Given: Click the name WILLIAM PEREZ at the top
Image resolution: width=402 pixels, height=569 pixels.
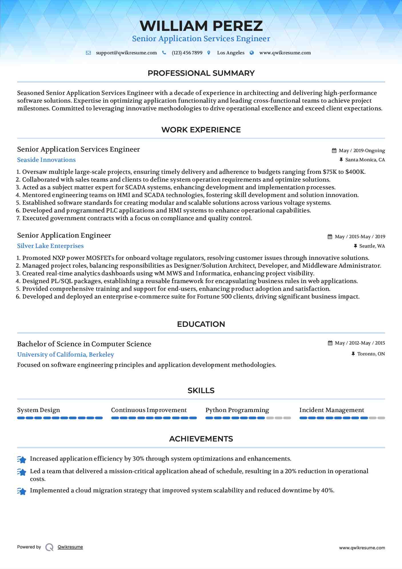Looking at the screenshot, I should pos(201,26).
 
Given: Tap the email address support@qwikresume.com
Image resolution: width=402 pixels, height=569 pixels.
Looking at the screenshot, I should pos(126,53).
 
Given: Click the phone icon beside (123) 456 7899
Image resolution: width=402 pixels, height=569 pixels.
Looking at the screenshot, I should pos(164,53).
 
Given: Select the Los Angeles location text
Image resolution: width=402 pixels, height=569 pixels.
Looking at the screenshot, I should pos(231,53).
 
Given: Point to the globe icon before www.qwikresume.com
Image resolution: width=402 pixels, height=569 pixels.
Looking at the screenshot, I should pos(252,53).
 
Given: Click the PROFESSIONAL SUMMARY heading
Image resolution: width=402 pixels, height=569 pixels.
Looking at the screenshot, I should pos(201,73).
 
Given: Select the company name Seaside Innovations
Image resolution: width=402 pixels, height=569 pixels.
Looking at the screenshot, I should pos(46,160).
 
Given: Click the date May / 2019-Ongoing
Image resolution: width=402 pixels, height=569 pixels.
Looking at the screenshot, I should pos(362,151).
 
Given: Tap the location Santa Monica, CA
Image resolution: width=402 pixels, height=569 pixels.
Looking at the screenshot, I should pos(365,160).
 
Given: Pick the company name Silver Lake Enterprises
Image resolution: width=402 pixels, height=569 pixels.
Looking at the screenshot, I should pos(50,246).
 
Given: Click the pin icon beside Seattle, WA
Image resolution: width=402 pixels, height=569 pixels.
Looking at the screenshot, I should pos(355,246).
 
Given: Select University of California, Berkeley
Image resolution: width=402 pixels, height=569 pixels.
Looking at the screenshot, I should pos(65,355).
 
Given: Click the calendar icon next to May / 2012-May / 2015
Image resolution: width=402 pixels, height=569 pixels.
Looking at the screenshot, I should pos(330,343).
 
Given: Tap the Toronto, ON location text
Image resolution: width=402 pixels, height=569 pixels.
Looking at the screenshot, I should pos(371,354).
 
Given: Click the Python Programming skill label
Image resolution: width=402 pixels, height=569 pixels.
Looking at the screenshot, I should pos(237,410).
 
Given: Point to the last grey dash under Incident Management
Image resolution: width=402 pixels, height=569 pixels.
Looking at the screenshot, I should pos(381,418).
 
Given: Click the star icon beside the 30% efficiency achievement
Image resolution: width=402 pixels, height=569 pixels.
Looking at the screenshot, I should pos(22,459).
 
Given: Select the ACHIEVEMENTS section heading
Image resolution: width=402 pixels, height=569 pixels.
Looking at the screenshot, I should pos(201,439).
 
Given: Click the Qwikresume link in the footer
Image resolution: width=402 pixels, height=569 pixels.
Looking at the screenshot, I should pos(70,547).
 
